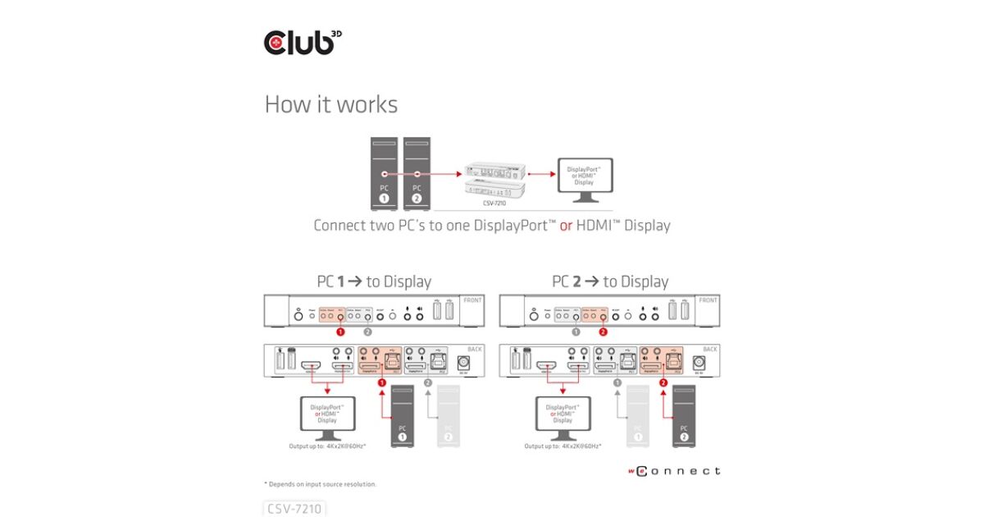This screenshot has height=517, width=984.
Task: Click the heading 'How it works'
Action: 330,104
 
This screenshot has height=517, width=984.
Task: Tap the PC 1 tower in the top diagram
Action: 385,172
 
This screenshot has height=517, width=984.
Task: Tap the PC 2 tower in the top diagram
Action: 417,172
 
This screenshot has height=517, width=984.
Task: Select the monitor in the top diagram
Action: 584,179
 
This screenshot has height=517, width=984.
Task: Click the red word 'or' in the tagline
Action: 566,225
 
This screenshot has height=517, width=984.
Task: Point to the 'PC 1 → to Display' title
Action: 374,281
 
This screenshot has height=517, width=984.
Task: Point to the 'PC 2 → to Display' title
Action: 610,281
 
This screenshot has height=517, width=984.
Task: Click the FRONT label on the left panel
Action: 473,300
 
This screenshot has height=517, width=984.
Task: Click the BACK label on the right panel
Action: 709,350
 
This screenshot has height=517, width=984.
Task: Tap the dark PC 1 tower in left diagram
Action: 402,417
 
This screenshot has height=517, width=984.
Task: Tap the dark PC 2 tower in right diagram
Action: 685,417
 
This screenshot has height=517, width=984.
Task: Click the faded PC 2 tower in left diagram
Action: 448,417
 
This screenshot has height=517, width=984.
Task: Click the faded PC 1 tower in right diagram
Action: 638,417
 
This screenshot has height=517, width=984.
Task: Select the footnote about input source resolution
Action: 320,484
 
